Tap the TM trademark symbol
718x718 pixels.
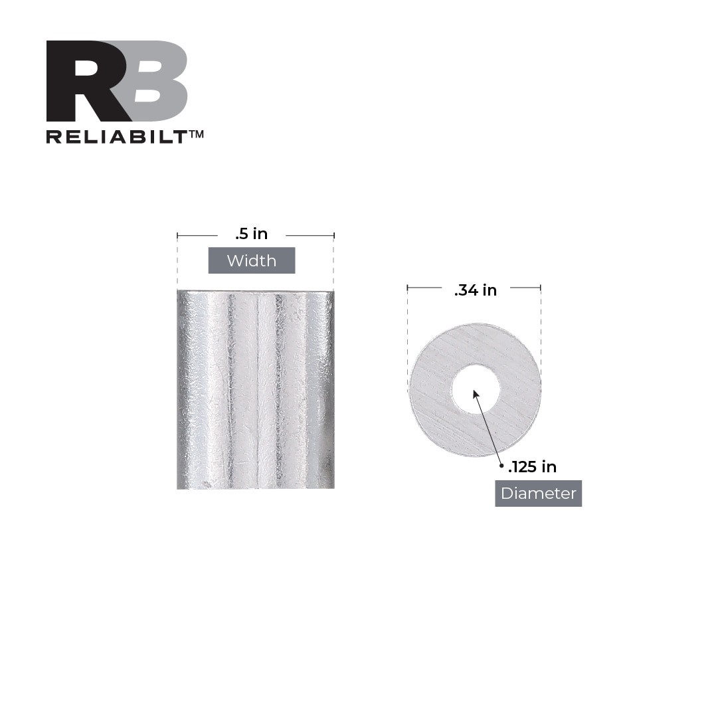197,134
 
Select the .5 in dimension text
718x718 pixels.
251,234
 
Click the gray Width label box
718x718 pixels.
251,260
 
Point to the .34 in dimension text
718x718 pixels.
476,290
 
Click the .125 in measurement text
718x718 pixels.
532,467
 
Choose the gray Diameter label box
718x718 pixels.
538,494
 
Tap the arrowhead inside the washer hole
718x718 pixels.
476,394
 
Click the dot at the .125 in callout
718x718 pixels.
501,466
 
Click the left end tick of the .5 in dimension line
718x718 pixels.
177,235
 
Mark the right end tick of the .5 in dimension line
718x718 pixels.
333,235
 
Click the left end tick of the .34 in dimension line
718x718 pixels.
407,288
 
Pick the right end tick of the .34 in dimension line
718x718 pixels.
541,288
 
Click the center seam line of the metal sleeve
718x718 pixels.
256,392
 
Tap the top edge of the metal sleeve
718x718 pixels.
255,292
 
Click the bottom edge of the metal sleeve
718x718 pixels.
255,488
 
